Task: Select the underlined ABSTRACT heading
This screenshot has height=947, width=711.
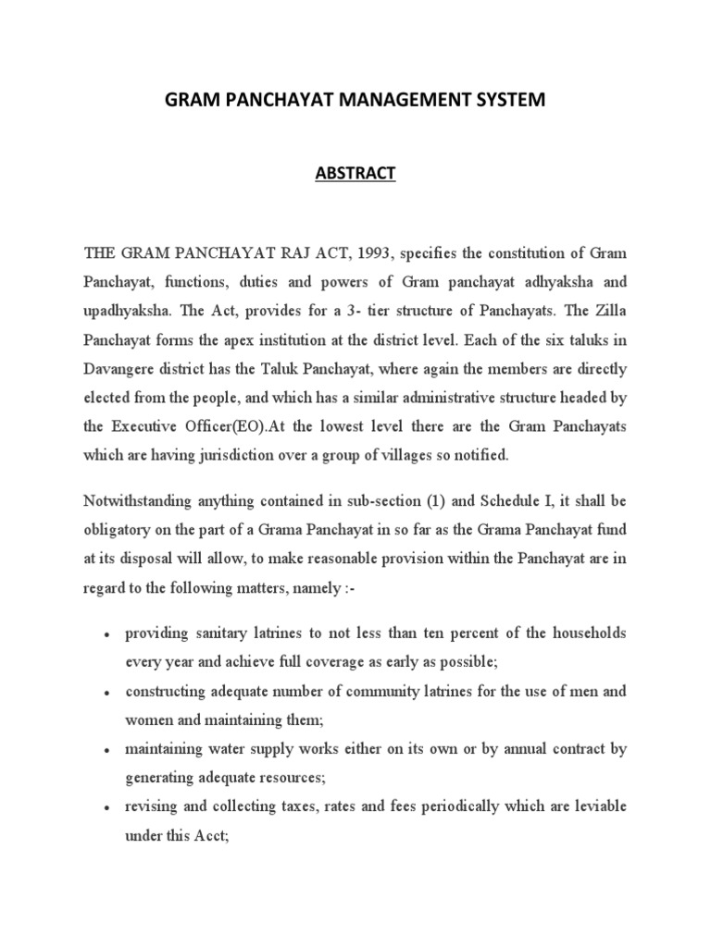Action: (355, 173)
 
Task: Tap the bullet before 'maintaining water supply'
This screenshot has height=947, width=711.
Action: (108, 751)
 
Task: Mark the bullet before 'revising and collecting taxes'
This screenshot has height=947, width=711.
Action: (108, 808)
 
